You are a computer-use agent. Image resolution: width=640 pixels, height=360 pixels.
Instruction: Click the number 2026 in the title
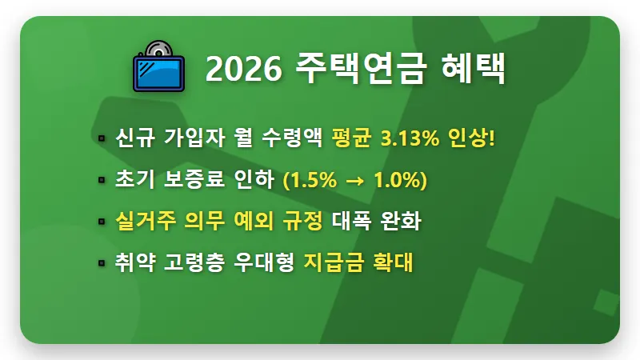coord(242,70)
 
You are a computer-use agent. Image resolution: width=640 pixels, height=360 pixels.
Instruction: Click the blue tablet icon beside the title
coord(158,72)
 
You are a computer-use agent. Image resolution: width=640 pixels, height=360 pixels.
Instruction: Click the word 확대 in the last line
coord(393,262)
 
